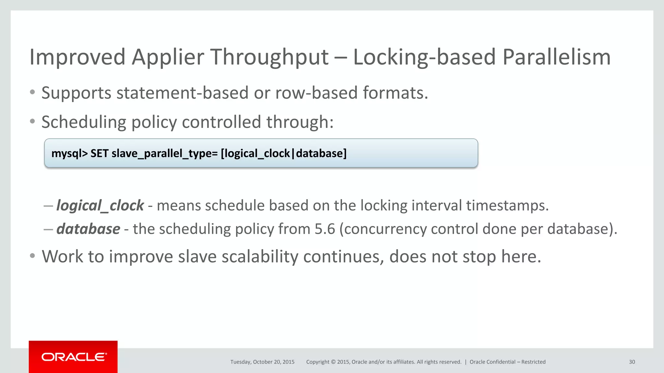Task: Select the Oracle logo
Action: tap(73, 357)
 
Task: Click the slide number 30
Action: tap(632, 362)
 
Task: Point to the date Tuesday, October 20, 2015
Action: tap(262, 362)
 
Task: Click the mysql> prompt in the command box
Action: tap(69, 153)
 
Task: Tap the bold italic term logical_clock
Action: tap(100, 206)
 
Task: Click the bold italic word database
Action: tap(88, 229)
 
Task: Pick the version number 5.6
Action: tap(325, 229)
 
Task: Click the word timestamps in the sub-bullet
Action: tap(507, 206)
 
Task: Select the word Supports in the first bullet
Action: tap(77, 93)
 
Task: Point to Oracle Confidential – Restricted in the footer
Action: tap(507, 362)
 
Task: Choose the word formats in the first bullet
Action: tap(395, 93)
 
